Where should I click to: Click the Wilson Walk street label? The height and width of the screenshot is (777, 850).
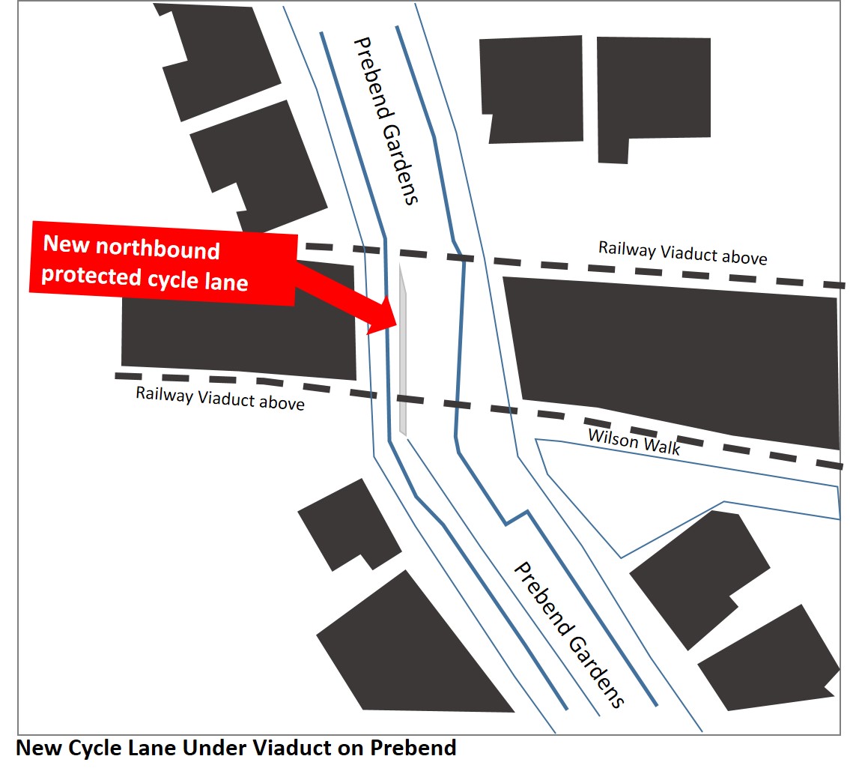coord(634,441)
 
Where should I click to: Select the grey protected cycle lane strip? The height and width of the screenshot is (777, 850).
coord(403,350)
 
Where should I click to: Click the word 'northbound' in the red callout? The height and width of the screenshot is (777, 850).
coord(157,248)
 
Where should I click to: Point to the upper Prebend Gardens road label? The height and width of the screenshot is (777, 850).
coord(386,121)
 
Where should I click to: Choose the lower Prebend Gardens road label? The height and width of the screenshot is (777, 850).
coord(569,635)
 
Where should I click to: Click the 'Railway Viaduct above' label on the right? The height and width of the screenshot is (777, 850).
coord(682,253)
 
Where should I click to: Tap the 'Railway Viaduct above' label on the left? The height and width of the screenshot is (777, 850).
coord(219,398)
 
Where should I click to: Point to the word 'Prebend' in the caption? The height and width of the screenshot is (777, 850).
coord(413,748)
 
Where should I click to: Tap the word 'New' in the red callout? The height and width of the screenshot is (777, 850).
coord(66,244)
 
